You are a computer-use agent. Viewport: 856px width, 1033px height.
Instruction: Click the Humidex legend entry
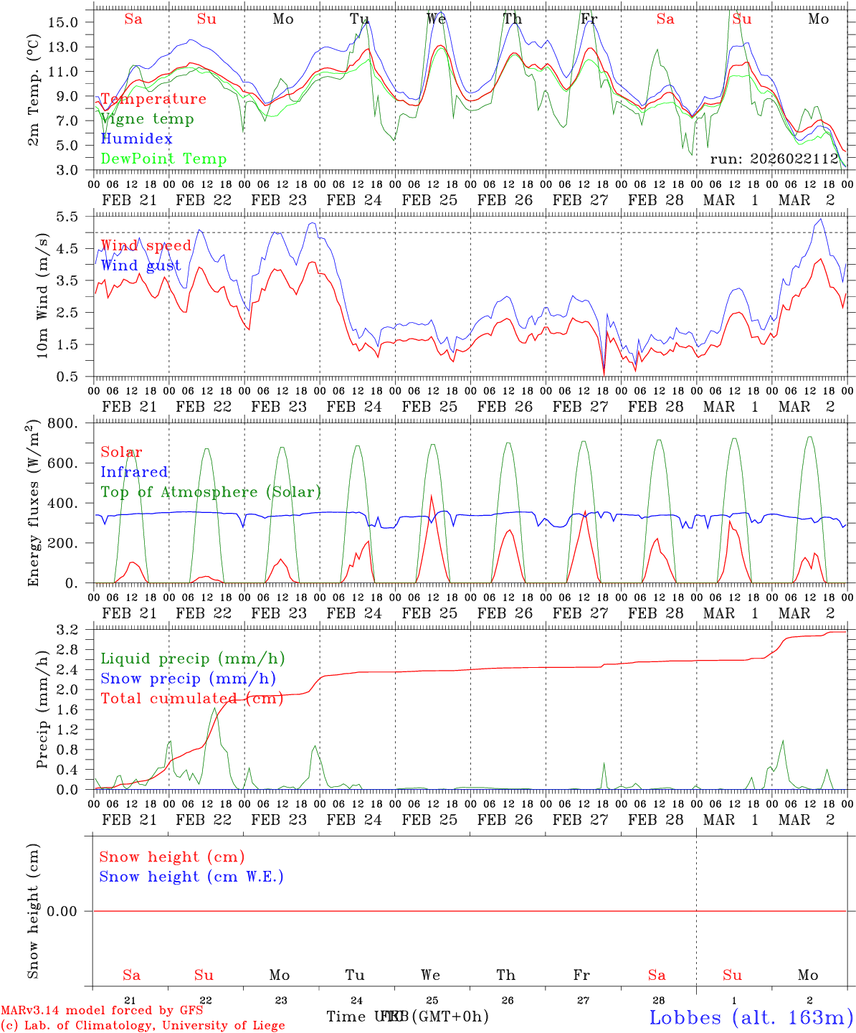tap(136, 139)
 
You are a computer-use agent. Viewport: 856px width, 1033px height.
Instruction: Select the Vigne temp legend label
tap(147, 119)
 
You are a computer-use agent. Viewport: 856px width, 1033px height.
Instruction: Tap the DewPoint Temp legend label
tap(163, 159)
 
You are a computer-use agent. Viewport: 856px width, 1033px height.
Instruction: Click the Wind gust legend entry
tap(141, 265)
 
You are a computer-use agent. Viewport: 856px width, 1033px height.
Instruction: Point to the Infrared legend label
tap(134, 472)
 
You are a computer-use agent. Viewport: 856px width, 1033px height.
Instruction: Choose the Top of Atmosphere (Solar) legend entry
tap(211, 492)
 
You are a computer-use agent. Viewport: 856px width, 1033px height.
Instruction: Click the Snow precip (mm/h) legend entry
tap(188, 679)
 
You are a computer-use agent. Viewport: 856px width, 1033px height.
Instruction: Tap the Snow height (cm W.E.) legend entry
tap(191, 877)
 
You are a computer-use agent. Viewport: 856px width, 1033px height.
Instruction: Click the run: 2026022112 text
tap(774, 159)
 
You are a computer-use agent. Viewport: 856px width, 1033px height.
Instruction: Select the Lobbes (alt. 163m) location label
tap(751, 1017)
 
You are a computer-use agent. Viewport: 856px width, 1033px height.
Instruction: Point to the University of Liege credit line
tap(143, 1026)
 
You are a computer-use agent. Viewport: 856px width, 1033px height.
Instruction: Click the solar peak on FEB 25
tap(431, 496)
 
